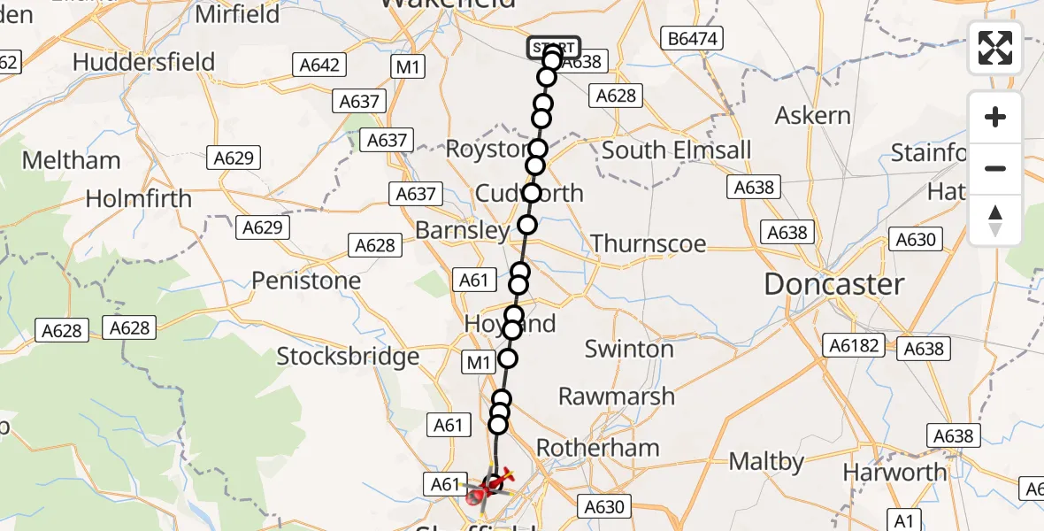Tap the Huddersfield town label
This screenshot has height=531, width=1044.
coord(144,62)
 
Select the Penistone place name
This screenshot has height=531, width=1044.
coord(306,281)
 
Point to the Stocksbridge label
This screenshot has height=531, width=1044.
coord(348,357)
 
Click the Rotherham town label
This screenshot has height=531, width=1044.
coord(598,448)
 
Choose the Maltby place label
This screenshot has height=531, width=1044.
coord(766,461)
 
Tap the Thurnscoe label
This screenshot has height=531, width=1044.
coord(649,243)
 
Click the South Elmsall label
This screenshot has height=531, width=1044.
coord(676,150)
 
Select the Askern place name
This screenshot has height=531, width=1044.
coord(812,116)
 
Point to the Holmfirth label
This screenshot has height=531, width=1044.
coord(139,198)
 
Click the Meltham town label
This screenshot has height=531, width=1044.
coord(71,160)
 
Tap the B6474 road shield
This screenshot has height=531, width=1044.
coord(693,38)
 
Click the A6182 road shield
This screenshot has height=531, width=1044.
coord(853,345)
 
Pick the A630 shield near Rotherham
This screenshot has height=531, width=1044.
coord(605,507)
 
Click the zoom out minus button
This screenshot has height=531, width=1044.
coord(995,168)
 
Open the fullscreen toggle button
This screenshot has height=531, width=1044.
coord(995,48)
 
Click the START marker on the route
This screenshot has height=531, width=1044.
coord(554,48)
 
